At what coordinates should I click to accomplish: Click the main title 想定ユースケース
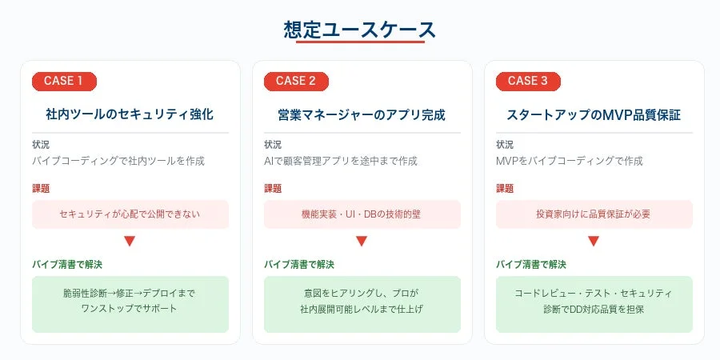[360, 30]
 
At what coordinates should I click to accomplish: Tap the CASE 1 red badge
[64, 81]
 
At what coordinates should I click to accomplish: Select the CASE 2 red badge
[296, 81]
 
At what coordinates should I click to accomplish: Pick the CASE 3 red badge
[528, 81]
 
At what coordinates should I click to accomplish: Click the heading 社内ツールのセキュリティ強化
[130, 114]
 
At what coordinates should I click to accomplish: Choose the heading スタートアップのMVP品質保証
[594, 114]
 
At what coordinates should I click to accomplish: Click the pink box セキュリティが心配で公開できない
[130, 214]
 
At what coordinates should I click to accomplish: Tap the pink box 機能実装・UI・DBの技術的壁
[362, 214]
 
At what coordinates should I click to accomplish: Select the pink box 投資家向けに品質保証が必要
[594, 214]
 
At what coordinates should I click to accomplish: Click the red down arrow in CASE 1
[130, 241]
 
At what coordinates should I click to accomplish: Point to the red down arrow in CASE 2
[362, 241]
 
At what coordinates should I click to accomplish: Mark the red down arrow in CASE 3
[594, 241]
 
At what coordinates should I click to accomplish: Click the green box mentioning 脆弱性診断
[130, 303]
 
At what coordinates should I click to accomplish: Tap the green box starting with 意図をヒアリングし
[362, 303]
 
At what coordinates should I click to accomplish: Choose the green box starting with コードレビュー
[594, 303]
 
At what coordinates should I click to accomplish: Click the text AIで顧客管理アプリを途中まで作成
[341, 161]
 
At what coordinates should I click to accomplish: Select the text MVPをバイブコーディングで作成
[570, 161]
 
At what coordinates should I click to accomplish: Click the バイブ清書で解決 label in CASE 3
[530, 264]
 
